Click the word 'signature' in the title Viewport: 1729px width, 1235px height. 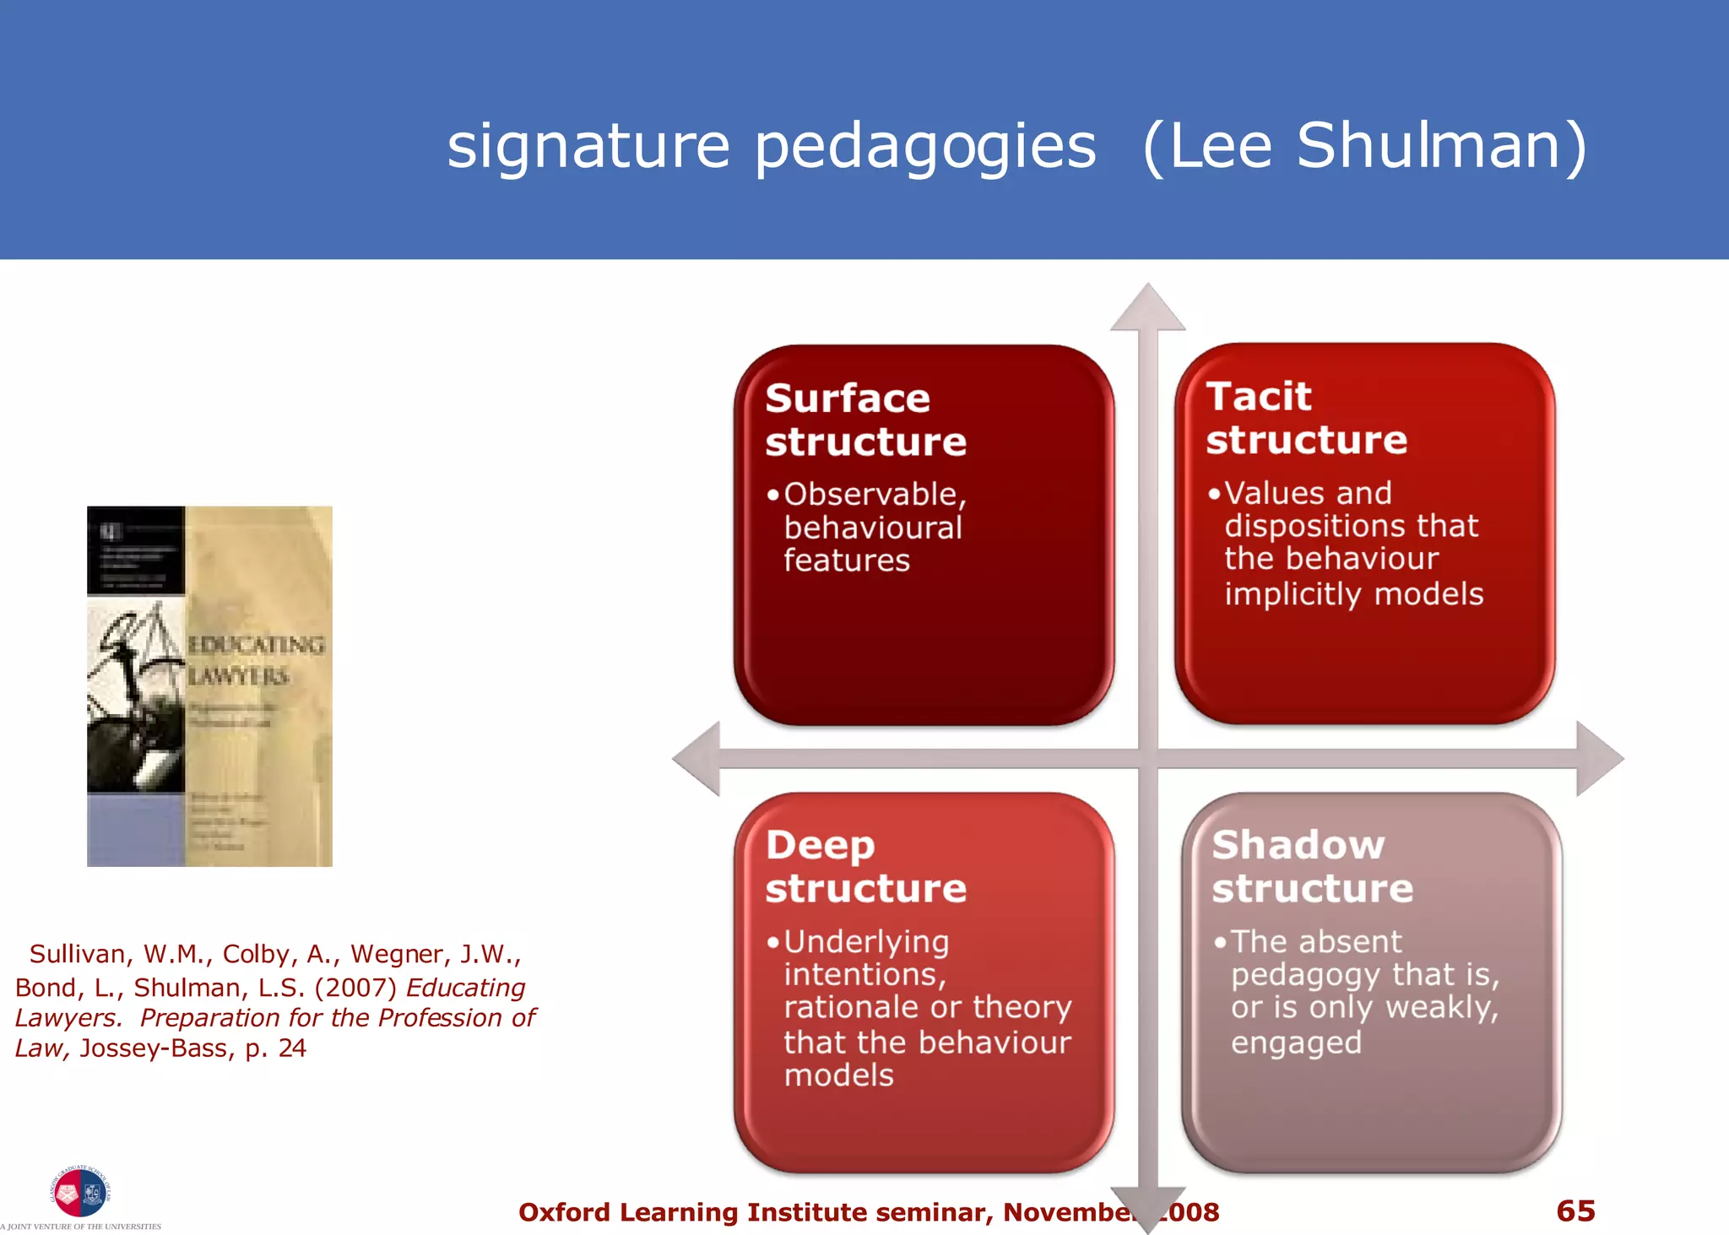click(x=588, y=147)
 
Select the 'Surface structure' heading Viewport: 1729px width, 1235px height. click(x=864, y=420)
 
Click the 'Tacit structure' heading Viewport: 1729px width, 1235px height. click(x=1305, y=418)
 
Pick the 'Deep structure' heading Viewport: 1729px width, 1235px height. click(x=864, y=866)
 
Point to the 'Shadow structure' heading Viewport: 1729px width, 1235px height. click(x=1311, y=866)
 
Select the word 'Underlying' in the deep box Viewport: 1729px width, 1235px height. click(x=866, y=942)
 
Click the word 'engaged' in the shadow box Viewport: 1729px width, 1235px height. click(x=1296, y=1043)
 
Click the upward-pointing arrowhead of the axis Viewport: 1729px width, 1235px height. click(x=1147, y=307)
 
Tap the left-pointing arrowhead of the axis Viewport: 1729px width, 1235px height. click(x=697, y=758)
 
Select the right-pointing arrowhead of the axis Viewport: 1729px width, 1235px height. click(x=1598, y=758)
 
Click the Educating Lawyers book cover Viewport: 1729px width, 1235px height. click(x=209, y=685)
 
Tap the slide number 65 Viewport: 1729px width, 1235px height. click(x=1575, y=1211)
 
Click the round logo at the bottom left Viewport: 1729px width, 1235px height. click(x=80, y=1192)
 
